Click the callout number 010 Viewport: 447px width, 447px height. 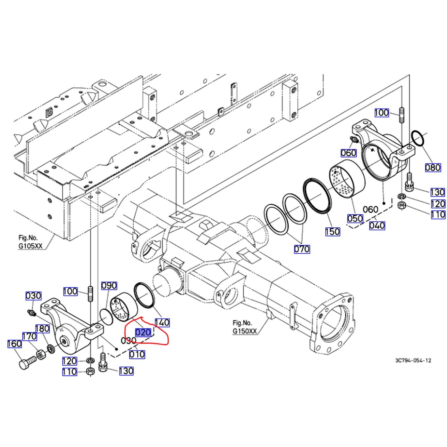click(x=137, y=354)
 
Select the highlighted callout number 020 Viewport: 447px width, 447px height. click(x=143, y=332)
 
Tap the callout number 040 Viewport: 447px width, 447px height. click(x=377, y=226)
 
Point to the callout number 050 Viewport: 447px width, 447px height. click(x=355, y=218)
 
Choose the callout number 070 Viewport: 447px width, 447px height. click(x=302, y=249)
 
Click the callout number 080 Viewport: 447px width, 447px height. click(x=433, y=167)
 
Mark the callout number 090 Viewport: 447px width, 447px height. click(x=109, y=286)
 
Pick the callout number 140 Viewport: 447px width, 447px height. click(x=162, y=322)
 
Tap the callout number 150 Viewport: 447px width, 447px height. click(x=333, y=232)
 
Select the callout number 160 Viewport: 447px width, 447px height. click(x=15, y=344)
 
